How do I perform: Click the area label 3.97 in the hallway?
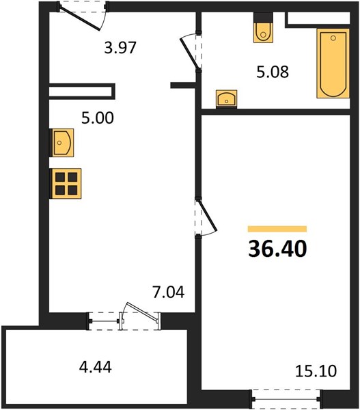coord(120,48)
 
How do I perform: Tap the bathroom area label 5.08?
coord(273,72)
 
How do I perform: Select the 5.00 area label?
coord(98,118)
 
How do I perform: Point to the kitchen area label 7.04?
coord(169,292)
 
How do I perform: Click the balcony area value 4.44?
coord(96,366)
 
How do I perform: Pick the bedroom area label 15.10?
coord(316,371)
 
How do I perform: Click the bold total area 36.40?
coord(277,249)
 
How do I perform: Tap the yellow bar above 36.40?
coord(277,229)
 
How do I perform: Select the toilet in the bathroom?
coord(263,33)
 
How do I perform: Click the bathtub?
coord(333,64)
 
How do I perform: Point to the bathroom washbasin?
coord(226,99)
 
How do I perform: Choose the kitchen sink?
coord(61,143)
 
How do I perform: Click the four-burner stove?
coord(66,184)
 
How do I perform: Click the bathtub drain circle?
coord(333,38)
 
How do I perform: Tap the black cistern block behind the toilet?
coord(263,18)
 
